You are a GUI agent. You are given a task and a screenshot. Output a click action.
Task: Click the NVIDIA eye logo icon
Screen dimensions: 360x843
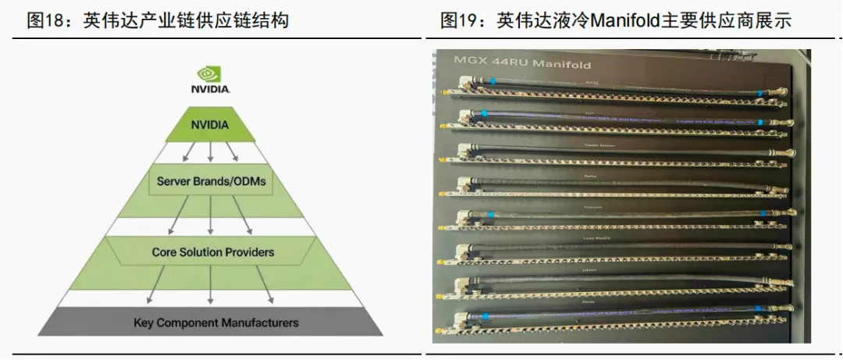(210, 73)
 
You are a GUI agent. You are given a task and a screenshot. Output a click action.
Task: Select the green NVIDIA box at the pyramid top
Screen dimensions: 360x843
(211, 124)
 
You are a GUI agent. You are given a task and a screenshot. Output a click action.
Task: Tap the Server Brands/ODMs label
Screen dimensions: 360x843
(211, 181)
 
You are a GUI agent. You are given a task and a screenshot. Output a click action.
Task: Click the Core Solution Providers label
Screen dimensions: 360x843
(212, 252)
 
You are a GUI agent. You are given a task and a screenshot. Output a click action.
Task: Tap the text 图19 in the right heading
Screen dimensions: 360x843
(457, 20)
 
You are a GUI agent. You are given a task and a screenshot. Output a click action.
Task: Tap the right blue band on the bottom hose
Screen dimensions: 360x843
(756, 311)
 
